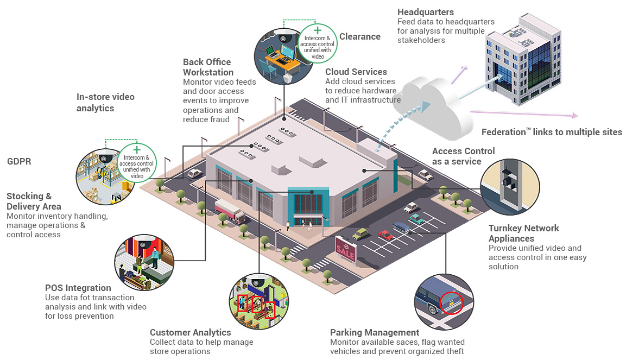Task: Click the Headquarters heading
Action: coord(425,12)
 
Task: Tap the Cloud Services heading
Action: coord(356,72)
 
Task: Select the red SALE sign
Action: coord(346,250)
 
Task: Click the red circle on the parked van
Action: coord(451,303)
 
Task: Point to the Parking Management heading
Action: coord(374,332)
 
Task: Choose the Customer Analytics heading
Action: coord(190,332)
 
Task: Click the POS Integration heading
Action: coord(78,288)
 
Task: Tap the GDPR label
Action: coord(21,161)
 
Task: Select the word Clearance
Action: coord(359,36)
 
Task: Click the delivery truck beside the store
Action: coord(230,211)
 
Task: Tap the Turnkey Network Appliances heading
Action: coord(523,233)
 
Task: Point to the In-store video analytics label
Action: coord(105,102)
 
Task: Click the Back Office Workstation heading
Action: coord(208,67)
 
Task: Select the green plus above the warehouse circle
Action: coord(137,149)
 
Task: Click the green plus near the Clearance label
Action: coord(318,30)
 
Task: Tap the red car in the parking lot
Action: coord(385,235)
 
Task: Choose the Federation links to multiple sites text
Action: coord(551,132)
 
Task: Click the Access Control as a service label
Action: coord(463,156)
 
